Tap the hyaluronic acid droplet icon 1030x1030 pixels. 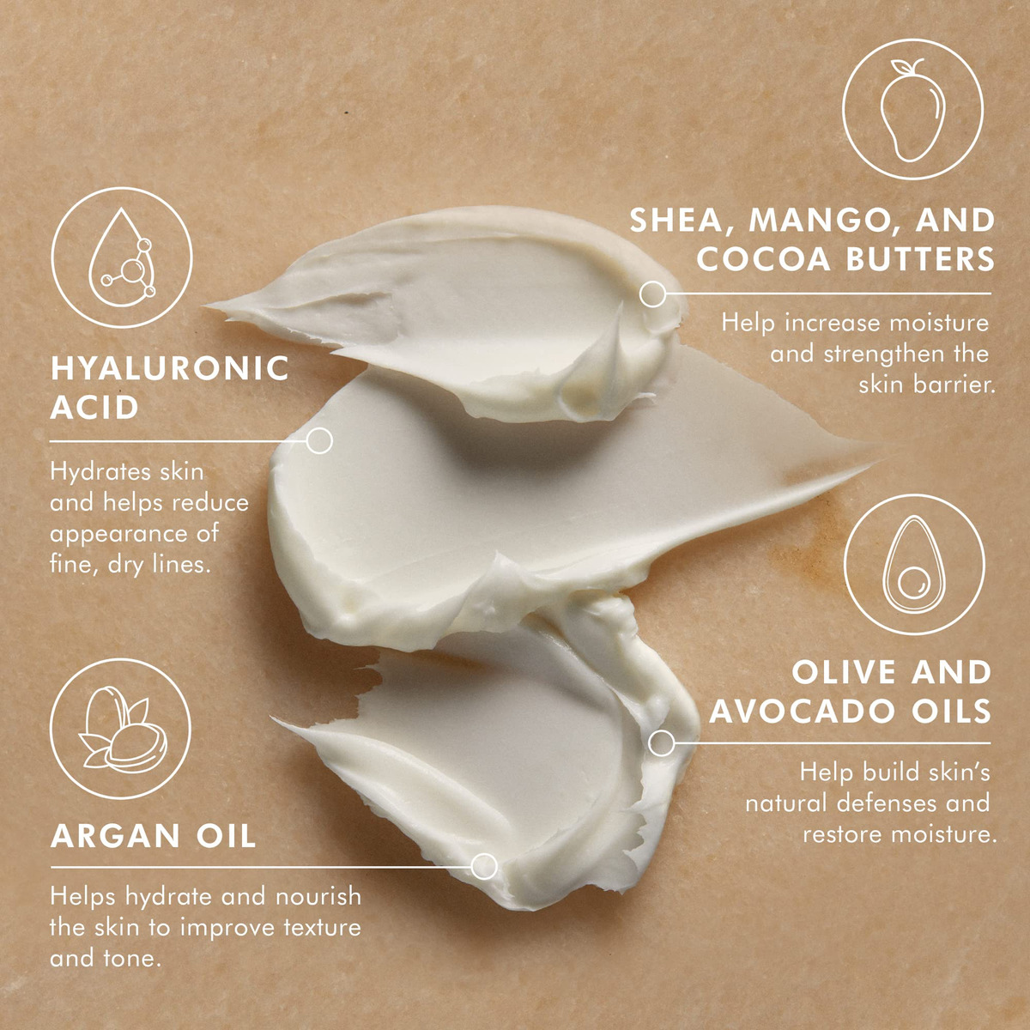pos(122,257)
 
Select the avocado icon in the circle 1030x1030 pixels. pos(914,565)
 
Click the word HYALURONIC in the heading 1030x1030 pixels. pos(170,369)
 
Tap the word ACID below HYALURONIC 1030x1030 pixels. pos(94,409)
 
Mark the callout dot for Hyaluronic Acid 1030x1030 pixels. pos(319,441)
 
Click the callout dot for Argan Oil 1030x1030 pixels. pos(484,866)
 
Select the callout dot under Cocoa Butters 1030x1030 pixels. pos(652,294)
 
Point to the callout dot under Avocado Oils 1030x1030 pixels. pos(662,743)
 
